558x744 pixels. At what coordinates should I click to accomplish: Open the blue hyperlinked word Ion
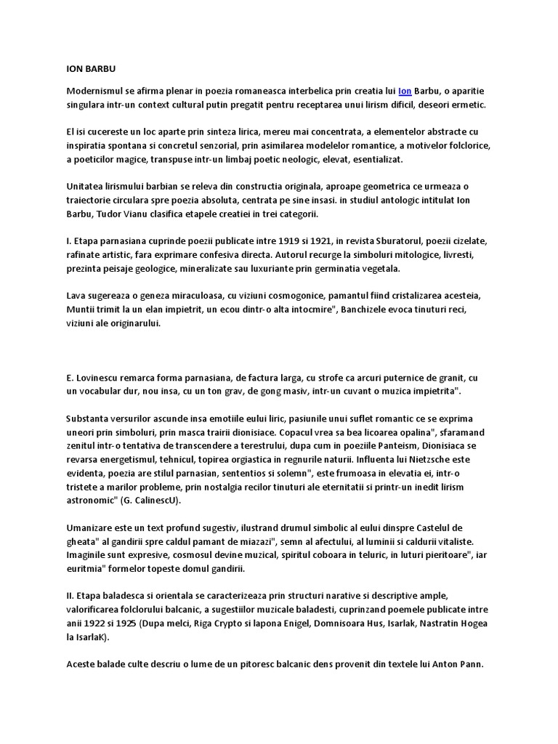tap(405, 91)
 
